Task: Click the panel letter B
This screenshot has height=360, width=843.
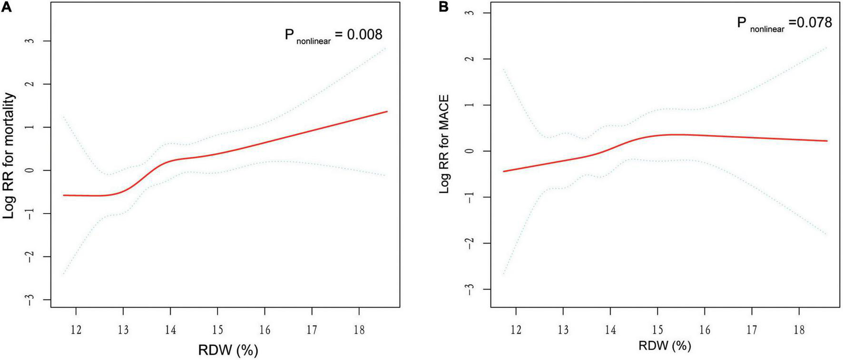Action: [x=443, y=6]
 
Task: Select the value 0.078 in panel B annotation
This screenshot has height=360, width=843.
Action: [x=814, y=22]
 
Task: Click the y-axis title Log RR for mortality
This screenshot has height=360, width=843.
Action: [x=9, y=156]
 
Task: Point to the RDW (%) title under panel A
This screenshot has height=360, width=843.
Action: [x=228, y=350]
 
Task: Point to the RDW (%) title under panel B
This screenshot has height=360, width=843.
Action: [x=665, y=346]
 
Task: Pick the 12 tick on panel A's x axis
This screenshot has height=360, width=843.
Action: [x=76, y=330]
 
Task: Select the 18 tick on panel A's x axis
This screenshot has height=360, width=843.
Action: [x=359, y=330]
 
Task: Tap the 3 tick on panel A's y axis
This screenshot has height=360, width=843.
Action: [x=31, y=41]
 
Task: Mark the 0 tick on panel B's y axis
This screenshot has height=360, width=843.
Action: [x=470, y=151]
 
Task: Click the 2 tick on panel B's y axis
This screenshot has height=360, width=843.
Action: [x=470, y=59]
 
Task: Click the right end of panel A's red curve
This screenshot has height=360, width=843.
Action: [x=387, y=111]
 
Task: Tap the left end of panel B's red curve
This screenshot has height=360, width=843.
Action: [x=503, y=171]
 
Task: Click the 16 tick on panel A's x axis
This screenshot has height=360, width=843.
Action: [x=265, y=330]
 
